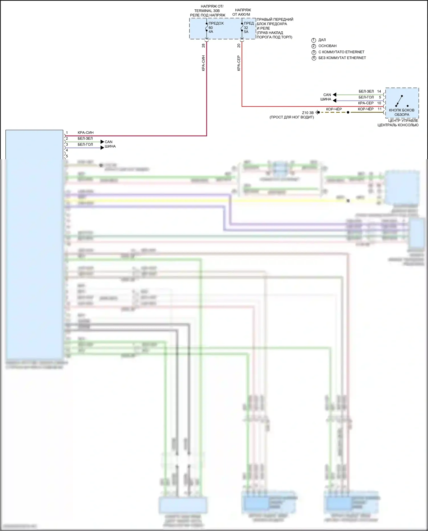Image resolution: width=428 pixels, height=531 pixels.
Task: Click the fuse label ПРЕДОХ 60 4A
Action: pyautogui.click(x=216, y=27)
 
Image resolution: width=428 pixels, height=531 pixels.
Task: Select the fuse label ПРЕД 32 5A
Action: pyautogui.click(x=249, y=27)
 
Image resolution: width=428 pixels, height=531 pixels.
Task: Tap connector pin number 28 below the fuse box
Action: pyautogui.click(x=203, y=45)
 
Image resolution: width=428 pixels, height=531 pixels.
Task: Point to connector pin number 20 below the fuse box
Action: pyautogui.click(x=239, y=45)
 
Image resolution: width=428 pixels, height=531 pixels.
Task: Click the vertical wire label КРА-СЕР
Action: pyautogui.click(x=239, y=63)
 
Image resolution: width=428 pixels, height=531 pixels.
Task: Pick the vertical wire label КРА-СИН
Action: pyautogui.click(x=203, y=63)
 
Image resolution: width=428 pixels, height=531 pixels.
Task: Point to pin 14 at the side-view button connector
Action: pyautogui.click(x=379, y=91)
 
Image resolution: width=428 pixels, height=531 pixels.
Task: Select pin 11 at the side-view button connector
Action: pyautogui.click(x=379, y=109)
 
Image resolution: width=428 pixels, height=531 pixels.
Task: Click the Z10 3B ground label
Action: pyautogui.click(x=308, y=113)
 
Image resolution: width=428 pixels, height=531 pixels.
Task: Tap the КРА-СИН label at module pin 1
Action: pyautogui.click(x=86, y=133)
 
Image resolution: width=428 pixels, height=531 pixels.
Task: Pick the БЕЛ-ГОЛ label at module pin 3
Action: pyautogui.click(x=85, y=144)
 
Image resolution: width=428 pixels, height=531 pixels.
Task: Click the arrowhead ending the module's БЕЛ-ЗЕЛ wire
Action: pyautogui.click(x=102, y=142)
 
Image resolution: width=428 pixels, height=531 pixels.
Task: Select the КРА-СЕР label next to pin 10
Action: pyautogui.click(x=366, y=103)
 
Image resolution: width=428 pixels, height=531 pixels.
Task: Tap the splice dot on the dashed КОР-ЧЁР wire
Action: pyautogui.click(x=348, y=112)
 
